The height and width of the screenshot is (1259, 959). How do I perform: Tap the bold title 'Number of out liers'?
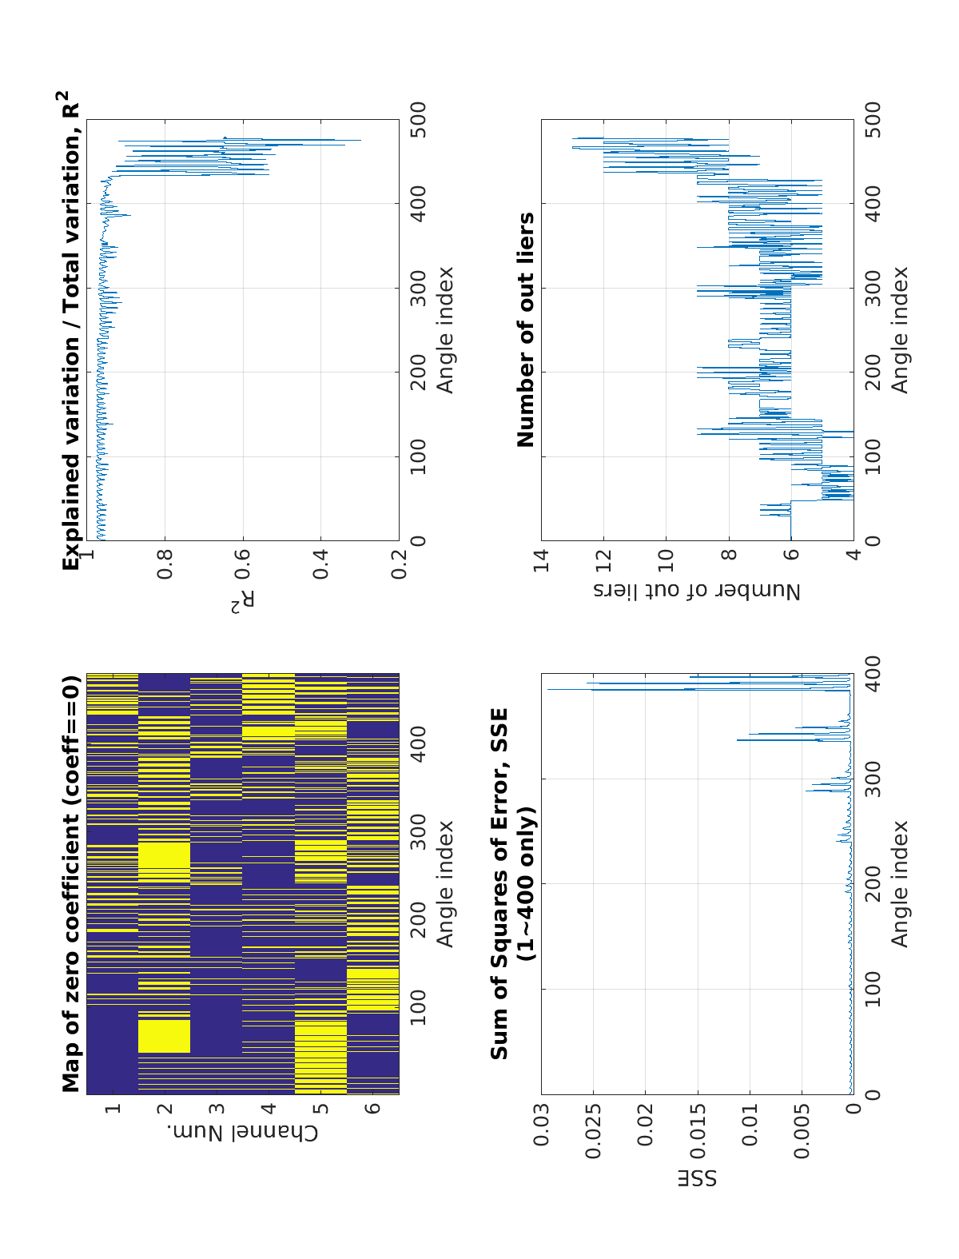[x=526, y=330]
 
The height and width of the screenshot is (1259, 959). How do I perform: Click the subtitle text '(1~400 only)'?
[x=526, y=883]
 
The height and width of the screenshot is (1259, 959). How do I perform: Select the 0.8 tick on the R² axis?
[x=165, y=556]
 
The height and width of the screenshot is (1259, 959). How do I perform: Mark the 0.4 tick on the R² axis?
[x=320, y=556]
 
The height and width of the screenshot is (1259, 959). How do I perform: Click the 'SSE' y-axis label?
[x=698, y=1178]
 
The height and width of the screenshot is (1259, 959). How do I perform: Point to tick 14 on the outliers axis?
[x=542, y=556]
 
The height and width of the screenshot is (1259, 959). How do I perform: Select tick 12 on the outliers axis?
[x=604, y=556]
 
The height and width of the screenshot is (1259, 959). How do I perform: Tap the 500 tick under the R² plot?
[x=418, y=120]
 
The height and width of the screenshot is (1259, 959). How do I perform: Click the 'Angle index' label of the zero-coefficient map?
[x=444, y=883]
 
